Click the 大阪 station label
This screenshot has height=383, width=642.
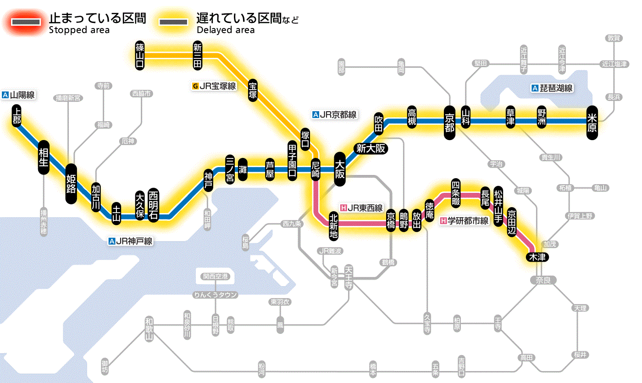point(340,169)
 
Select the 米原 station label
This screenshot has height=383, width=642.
point(592,122)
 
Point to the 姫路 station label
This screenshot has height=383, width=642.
point(71,183)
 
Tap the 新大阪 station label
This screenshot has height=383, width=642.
point(371,148)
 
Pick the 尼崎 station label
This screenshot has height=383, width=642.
point(315,170)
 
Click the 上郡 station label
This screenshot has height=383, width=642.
point(17,116)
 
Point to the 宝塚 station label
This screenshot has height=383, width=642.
point(253,90)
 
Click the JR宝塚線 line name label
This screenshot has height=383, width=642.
point(214,86)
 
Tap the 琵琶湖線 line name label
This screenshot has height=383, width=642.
point(552,88)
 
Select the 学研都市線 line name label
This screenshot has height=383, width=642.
point(465,221)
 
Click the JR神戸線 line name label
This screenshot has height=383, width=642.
point(131,241)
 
